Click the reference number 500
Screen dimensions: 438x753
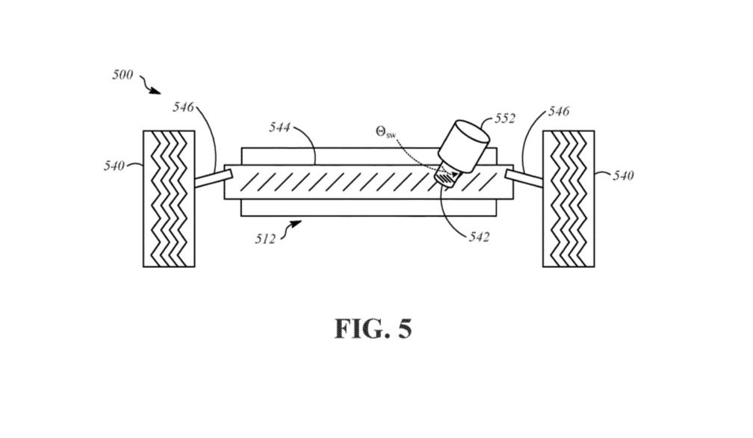(x=123, y=75)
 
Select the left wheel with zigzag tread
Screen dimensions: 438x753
(x=169, y=198)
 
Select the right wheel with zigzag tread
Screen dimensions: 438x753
(x=568, y=198)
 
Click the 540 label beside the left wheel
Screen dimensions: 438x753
(x=114, y=166)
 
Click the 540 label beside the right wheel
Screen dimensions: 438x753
(x=623, y=175)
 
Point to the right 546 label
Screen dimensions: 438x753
(x=558, y=111)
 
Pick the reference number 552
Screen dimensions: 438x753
(x=505, y=118)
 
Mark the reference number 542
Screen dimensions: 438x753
(x=479, y=237)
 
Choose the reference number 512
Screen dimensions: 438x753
(x=264, y=239)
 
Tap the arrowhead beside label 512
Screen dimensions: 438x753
(x=297, y=222)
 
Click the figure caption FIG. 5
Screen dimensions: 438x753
(x=372, y=328)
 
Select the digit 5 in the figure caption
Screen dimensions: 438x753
(x=403, y=328)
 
